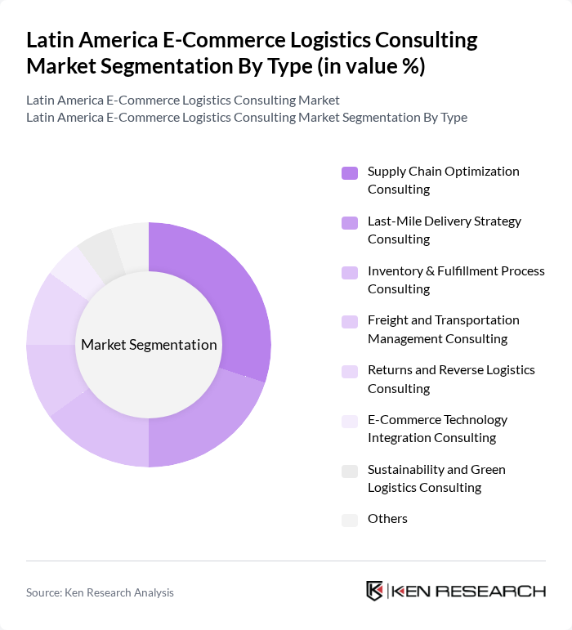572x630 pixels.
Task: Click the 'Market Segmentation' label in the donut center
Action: click(149, 345)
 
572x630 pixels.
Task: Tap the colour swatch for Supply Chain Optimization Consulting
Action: click(350, 172)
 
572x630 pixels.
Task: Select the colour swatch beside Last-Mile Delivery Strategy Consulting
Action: click(350, 222)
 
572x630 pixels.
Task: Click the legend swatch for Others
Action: click(350, 520)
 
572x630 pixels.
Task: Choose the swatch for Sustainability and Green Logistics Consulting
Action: click(350, 471)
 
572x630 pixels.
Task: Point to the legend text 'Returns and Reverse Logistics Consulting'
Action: click(451, 379)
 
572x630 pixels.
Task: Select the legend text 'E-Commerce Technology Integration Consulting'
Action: click(437, 429)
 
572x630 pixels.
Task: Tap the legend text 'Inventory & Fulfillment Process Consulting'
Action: click(456, 279)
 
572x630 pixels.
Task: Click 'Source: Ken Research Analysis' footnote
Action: click(100, 592)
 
